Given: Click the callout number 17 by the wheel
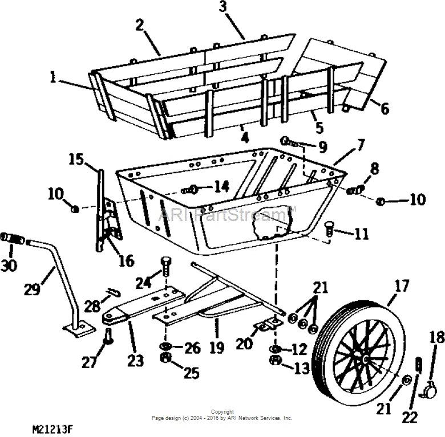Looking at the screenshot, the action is pyautogui.click(x=402, y=286).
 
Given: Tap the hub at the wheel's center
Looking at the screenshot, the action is pyautogui.click(x=366, y=359).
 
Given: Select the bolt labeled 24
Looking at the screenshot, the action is pyautogui.click(x=166, y=267).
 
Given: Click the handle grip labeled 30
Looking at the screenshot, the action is pyautogui.click(x=13, y=239).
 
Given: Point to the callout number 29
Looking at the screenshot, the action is pyautogui.click(x=32, y=289).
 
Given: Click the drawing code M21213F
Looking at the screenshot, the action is pyautogui.click(x=52, y=430).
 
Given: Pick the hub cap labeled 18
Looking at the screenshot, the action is pyautogui.click(x=428, y=390).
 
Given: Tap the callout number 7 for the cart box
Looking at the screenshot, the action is pyautogui.click(x=360, y=145).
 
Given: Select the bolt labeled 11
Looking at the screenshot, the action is pyautogui.click(x=329, y=228).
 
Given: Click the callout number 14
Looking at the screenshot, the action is pyautogui.click(x=222, y=187).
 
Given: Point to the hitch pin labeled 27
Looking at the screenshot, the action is pyautogui.click(x=108, y=336).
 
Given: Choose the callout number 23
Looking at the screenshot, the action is pyautogui.click(x=135, y=361).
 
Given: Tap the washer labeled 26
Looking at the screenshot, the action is pyautogui.click(x=165, y=346).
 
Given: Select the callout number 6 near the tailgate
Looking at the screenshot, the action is pyautogui.click(x=385, y=109).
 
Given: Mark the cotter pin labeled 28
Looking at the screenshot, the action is pyautogui.click(x=114, y=293).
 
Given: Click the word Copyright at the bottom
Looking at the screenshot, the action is pyautogui.click(x=222, y=412).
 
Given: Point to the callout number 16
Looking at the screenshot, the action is pyautogui.click(x=126, y=260).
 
